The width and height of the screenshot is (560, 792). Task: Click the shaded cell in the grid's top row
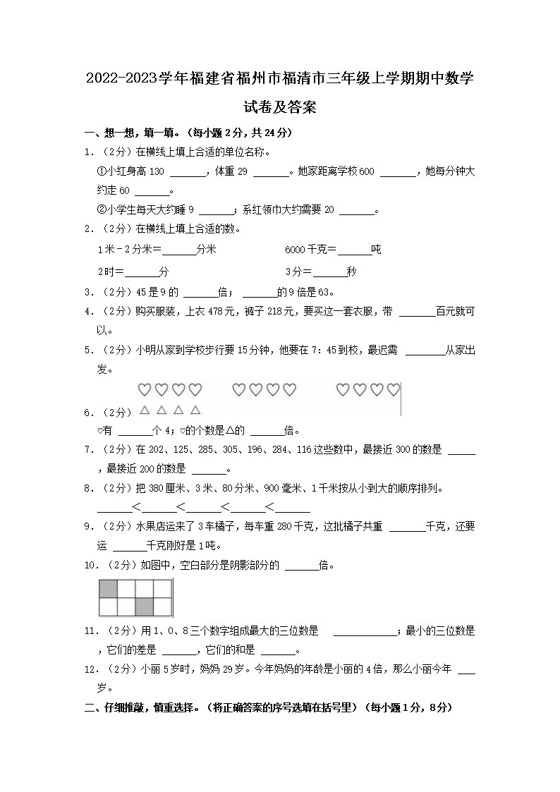(x=108, y=589)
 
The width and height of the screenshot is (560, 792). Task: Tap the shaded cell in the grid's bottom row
(x=145, y=607)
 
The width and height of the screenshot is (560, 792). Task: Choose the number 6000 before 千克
(x=296, y=250)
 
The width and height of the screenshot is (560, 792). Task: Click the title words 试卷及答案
(x=279, y=108)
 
